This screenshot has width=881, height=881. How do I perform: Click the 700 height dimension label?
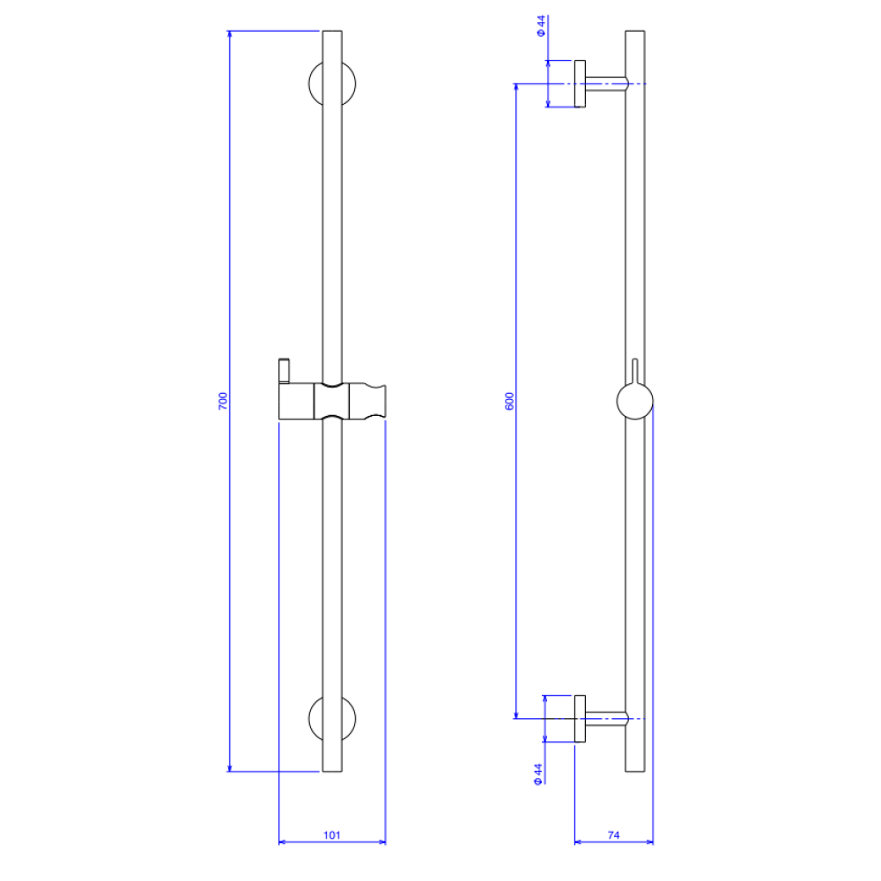pyautogui.click(x=223, y=401)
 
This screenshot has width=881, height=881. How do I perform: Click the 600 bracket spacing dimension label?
pyautogui.click(x=509, y=401)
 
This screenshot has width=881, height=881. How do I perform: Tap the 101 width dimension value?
pyautogui.click(x=332, y=835)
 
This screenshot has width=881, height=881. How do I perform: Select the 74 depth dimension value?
pyautogui.click(x=613, y=835)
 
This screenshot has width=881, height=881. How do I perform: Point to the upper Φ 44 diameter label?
pyautogui.click(x=541, y=26)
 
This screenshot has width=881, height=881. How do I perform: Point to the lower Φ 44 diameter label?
pyautogui.click(x=538, y=774)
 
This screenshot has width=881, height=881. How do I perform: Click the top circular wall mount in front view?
pyautogui.click(x=332, y=83)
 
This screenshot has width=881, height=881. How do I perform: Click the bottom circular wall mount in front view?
pyautogui.click(x=332, y=719)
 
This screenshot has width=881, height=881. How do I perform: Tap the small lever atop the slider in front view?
pyautogui.click(x=285, y=371)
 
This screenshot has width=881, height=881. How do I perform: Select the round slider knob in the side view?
pyautogui.click(x=635, y=401)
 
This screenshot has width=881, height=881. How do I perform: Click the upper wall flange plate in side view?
pyautogui.click(x=580, y=83)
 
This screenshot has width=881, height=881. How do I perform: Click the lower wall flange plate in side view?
pyautogui.click(x=580, y=719)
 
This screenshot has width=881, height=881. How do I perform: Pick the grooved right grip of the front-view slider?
pyautogui.click(x=367, y=401)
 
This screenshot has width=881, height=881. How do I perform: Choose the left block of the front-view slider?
pyautogui.click(x=296, y=401)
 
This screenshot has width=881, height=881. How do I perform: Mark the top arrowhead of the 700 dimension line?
pyautogui.click(x=229, y=34)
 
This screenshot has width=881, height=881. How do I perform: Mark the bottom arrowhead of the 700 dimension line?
pyautogui.click(x=229, y=767)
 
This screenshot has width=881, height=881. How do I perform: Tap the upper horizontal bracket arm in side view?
pyautogui.click(x=606, y=83)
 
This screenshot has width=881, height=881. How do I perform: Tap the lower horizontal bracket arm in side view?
pyautogui.click(x=606, y=719)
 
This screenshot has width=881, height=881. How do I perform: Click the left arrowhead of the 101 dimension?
pyautogui.click(x=283, y=841)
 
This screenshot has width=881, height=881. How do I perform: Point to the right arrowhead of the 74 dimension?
pyautogui.click(x=649, y=841)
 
